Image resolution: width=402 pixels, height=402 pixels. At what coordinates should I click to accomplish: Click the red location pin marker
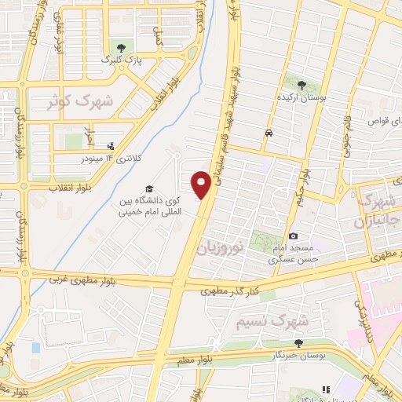click(201, 185)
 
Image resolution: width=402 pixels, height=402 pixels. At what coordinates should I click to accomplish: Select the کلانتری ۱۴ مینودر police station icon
click(110, 145)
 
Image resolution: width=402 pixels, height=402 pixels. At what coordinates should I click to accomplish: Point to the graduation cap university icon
click(148, 188)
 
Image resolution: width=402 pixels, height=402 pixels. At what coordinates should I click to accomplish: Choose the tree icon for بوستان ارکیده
click(301, 84)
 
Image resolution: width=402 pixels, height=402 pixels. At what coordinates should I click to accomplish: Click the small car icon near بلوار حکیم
click(269, 133)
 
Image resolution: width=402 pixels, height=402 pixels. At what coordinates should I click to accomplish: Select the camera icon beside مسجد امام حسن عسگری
click(293, 236)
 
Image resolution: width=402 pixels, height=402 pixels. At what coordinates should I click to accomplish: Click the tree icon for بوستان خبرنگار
click(298, 342)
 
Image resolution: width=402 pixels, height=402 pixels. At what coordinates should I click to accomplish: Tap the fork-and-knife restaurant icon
click(324, 389)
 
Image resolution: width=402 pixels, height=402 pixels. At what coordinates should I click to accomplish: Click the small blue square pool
click(35, 346)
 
